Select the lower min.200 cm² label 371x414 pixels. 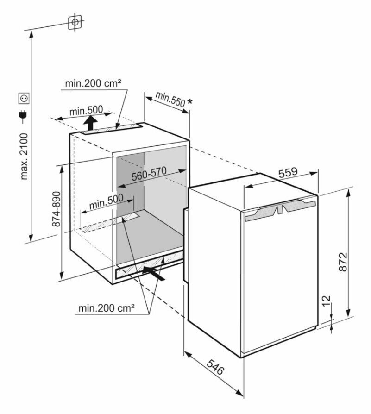point(106,307)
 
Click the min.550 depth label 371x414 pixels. point(170,98)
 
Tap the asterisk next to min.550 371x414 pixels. point(189,102)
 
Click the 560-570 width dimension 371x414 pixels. point(149,172)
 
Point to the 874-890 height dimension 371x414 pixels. point(56,208)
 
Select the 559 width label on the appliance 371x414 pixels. point(287,172)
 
